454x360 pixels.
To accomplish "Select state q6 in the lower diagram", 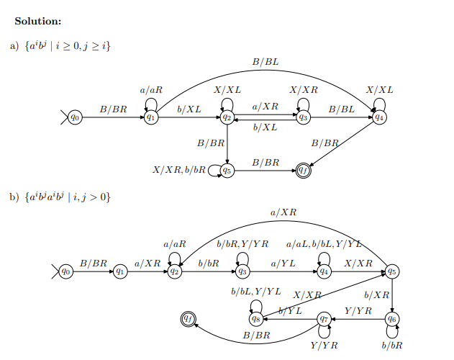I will (393, 318).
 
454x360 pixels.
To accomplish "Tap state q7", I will (324, 318).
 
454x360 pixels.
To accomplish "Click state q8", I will (255, 318).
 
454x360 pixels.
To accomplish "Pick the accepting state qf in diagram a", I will (304, 170).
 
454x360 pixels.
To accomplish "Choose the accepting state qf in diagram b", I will (189, 318).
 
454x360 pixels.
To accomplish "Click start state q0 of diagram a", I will (75, 117).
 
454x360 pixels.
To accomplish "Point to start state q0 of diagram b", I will (65, 271).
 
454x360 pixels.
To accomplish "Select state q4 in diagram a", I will (379, 117).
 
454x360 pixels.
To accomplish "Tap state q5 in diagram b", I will (392, 271).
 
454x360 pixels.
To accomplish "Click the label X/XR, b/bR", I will (179, 171).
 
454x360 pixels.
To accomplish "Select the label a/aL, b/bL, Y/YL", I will (324, 245).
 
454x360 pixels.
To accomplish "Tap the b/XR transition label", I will (376, 295).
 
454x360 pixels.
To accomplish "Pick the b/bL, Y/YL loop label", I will (256, 292).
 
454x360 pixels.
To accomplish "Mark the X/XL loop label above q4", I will (379, 90).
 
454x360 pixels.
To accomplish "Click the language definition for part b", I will (70, 197).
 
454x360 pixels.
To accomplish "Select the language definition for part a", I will (69, 46).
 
